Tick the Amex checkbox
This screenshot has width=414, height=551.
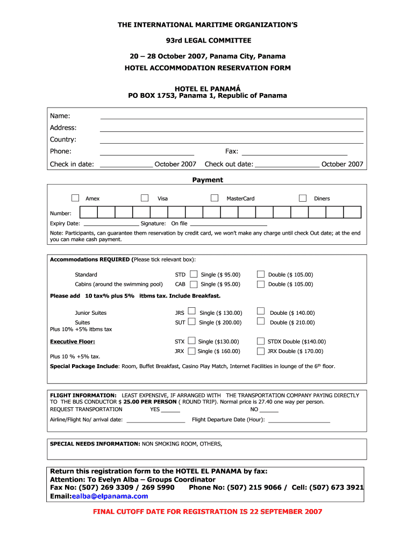coord(75,198)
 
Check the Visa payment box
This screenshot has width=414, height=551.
coord(145,198)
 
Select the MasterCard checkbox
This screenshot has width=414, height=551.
coord(215,198)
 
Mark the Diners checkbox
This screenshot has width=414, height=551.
coord(303,198)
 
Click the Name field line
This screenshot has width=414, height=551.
coord(232,117)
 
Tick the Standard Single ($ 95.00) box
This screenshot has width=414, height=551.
coord(194,274)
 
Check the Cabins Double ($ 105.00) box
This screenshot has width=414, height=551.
coord(261,284)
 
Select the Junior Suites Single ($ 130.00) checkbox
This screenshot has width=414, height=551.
coord(191,312)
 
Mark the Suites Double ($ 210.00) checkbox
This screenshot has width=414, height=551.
coord(261,321)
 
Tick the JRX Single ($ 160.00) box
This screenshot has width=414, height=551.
coord(191,350)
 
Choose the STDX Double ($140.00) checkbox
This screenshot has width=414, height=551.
coord(261,341)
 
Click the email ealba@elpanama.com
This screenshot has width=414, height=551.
coord(110,496)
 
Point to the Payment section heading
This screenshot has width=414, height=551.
coord(208,180)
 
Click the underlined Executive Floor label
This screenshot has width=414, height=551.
coord(73,341)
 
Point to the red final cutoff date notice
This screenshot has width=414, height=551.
coord(208,511)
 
